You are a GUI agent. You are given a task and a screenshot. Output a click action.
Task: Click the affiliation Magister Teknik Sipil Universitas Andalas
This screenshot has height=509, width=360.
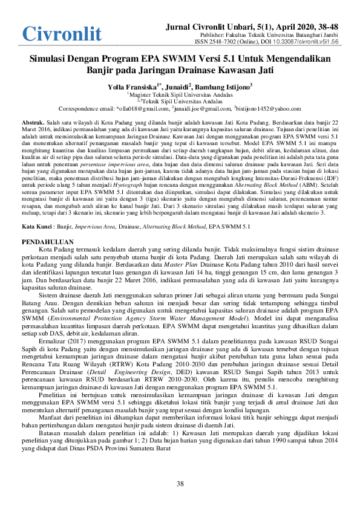[180, 95]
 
